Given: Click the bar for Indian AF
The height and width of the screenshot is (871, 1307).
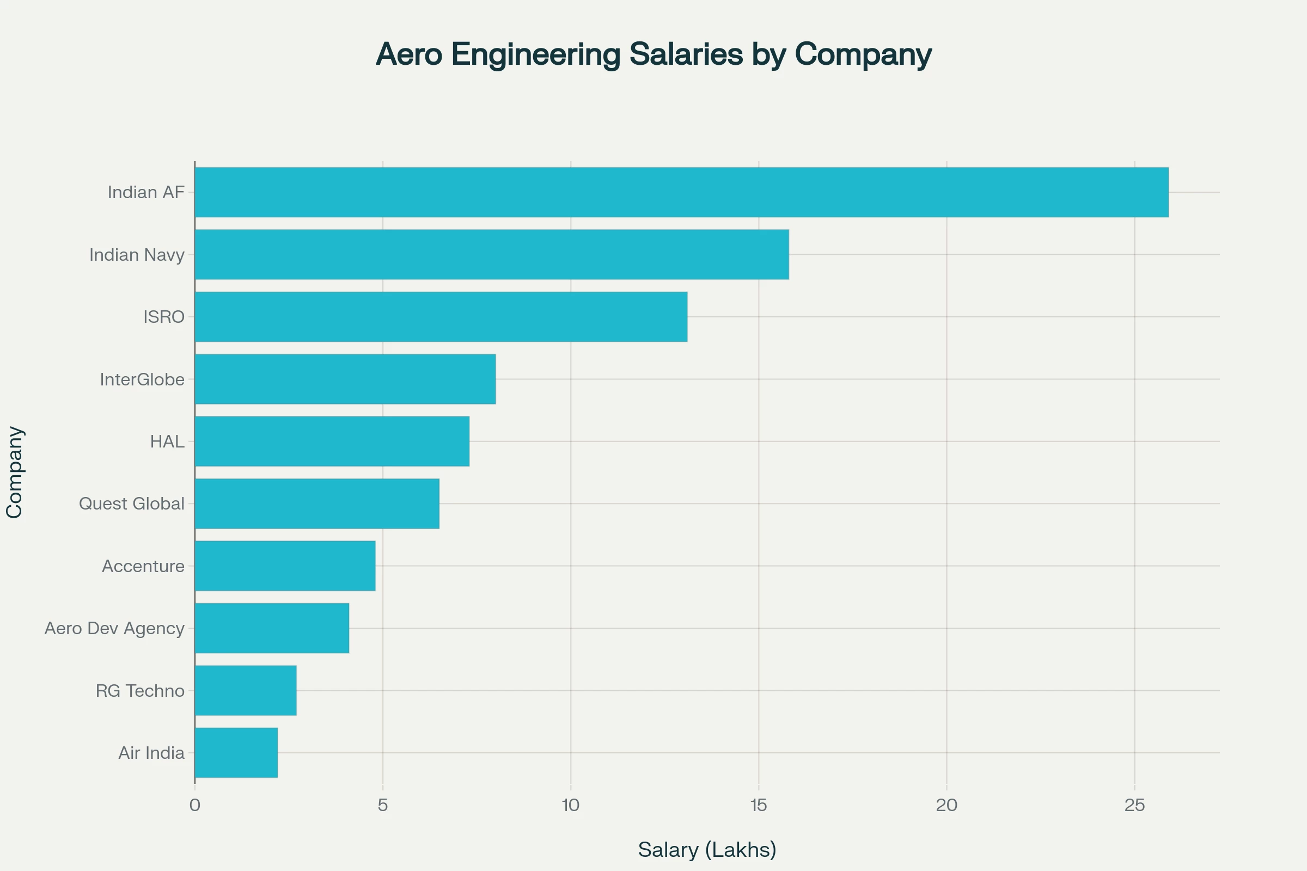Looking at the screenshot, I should (x=681, y=192).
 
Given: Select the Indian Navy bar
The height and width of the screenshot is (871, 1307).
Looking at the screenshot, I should (x=492, y=254).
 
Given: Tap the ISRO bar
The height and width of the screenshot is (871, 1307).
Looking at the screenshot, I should (x=441, y=317).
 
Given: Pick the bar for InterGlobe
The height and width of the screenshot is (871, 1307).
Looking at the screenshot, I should (x=345, y=379).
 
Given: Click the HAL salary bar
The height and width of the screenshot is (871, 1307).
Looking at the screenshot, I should (x=332, y=441).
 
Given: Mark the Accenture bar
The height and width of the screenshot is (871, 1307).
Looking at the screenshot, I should (x=285, y=566).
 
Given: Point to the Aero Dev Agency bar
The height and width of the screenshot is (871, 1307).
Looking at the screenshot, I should (x=272, y=628).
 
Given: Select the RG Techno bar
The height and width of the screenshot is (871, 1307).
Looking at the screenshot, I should (x=246, y=690).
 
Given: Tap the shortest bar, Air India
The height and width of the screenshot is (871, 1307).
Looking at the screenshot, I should (x=236, y=753).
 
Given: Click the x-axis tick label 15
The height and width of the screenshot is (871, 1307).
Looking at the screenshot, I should (x=759, y=806).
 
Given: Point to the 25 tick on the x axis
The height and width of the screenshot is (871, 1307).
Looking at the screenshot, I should (x=1134, y=806).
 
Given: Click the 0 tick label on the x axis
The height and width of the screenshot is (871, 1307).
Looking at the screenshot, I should (x=194, y=806).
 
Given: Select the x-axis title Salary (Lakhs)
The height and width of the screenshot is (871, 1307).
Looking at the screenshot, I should (x=707, y=850).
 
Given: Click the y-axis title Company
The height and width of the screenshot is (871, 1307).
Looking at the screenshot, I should (x=15, y=473).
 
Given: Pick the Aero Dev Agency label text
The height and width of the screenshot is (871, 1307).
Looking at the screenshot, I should (x=114, y=628).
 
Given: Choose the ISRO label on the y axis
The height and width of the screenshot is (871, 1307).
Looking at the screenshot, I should (x=164, y=317).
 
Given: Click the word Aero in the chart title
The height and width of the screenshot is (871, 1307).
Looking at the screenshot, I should (x=409, y=54).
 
